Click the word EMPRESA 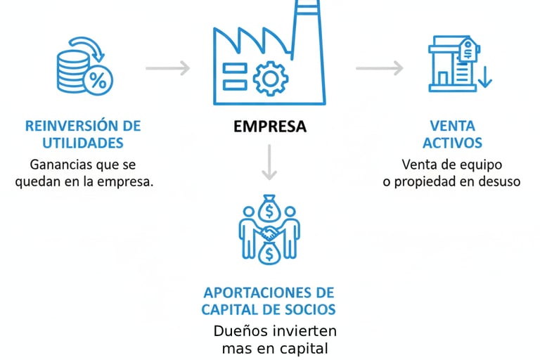click(x=270, y=127)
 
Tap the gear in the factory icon click(x=270, y=77)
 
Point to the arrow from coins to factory click(x=168, y=68)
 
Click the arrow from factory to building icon click(x=379, y=68)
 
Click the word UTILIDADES click(x=83, y=143)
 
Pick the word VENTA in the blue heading click(x=453, y=127)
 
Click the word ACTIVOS click(x=453, y=143)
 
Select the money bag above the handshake click(x=270, y=209)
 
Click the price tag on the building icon click(x=466, y=51)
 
